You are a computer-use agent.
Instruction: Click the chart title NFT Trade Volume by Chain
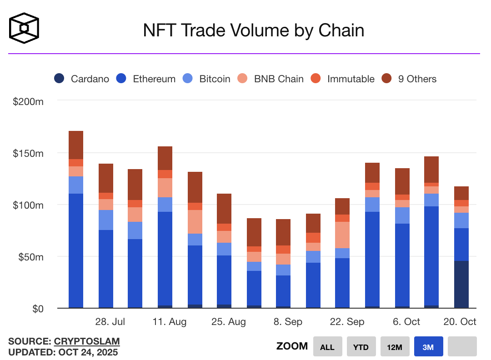click(254, 30)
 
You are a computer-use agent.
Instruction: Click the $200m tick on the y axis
click(28, 101)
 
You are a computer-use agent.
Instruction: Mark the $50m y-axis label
click(30, 257)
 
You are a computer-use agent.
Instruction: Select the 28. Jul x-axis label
click(110, 322)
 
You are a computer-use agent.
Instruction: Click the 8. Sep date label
click(288, 322)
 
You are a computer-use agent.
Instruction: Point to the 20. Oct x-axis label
click(460, 322)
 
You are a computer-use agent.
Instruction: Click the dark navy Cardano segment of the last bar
click(461, 285)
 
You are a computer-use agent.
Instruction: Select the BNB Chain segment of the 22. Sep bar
click(342, 235)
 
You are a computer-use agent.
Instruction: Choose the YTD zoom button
click(361, 347)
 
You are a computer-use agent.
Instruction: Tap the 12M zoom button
click(395, 347)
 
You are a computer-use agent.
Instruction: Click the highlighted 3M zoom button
click(428, 347)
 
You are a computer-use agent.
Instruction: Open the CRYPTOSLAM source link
click(87, 341)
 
